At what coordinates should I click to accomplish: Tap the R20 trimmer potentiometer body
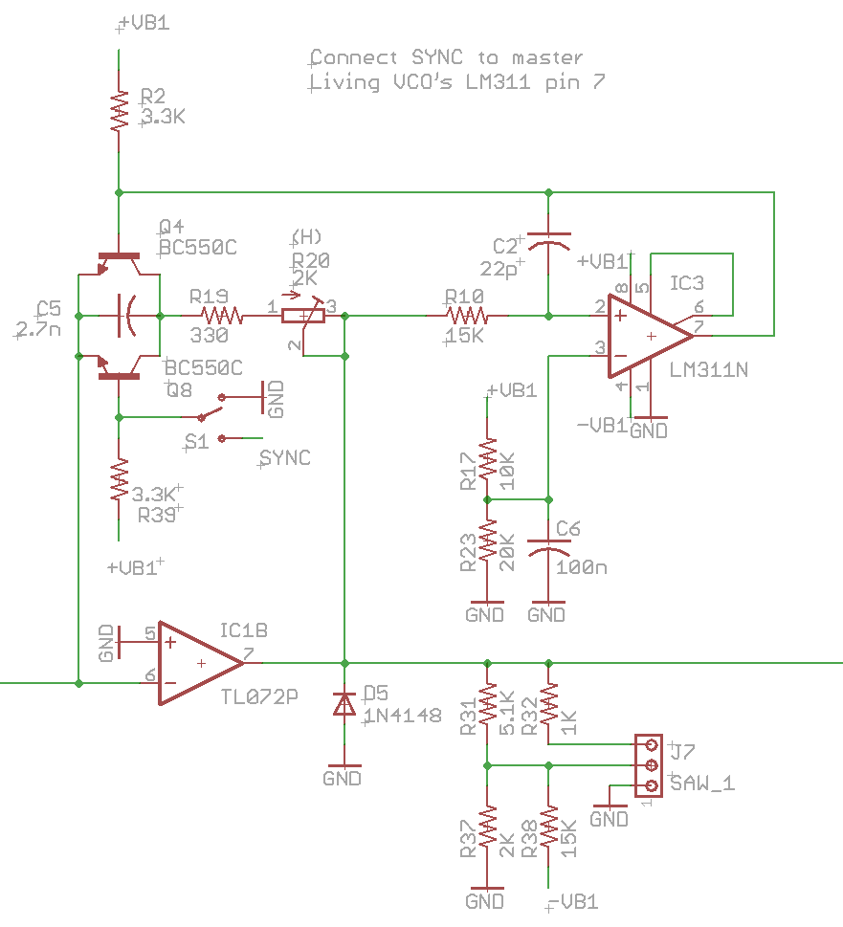(302, 313)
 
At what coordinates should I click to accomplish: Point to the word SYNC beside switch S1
(285, 458)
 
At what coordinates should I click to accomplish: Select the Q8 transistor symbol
(119, 368)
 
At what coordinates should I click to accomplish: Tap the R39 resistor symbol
(119, 481)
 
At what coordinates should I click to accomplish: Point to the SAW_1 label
(703, 784)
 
